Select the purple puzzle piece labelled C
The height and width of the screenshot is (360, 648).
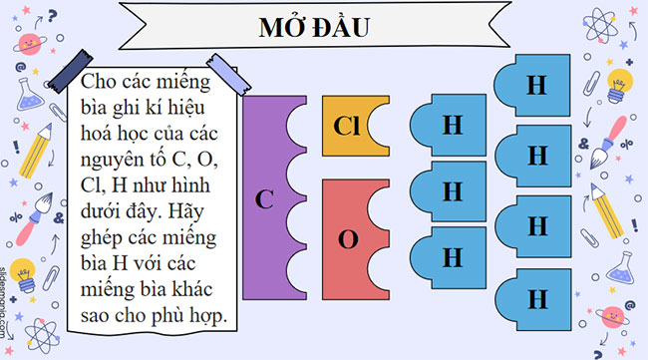[263, 198]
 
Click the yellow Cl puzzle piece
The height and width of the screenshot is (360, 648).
[348, 128]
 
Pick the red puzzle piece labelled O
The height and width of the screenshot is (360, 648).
[348, 239]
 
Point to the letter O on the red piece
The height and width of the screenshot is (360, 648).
[348, 239]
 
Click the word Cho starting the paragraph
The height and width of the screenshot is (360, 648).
[102, 81]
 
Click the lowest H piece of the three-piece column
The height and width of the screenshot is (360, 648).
[452, 256]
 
